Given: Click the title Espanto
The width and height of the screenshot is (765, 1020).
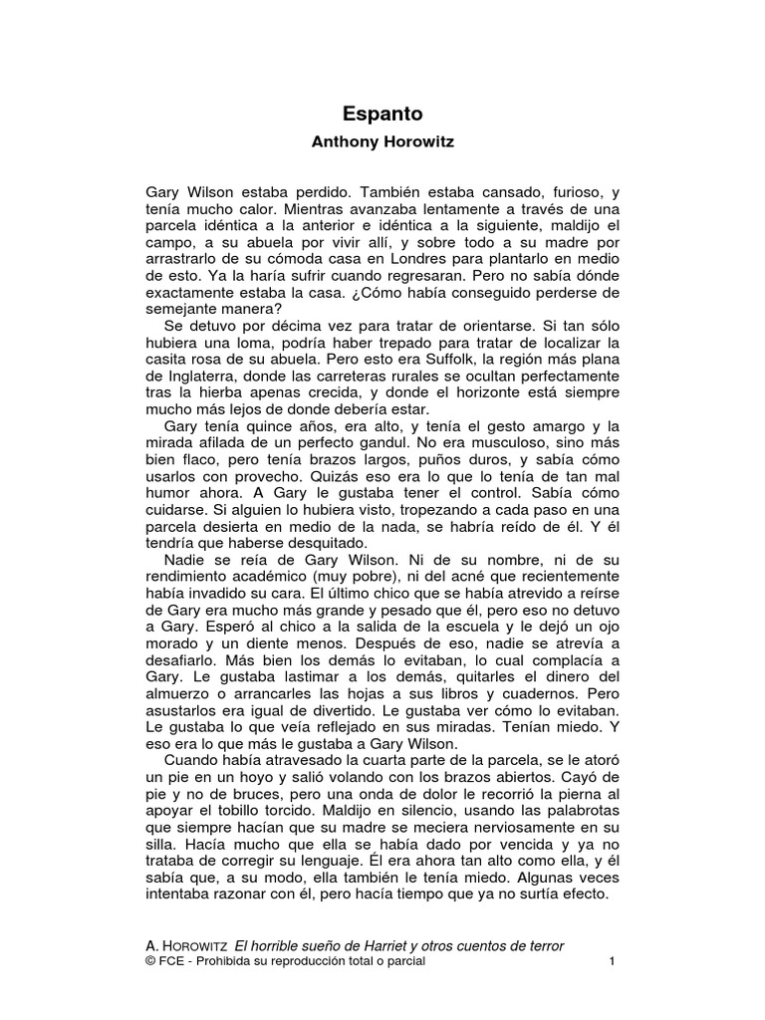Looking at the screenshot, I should point(382,115).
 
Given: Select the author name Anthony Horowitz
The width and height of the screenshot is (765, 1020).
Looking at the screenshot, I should point(382,142).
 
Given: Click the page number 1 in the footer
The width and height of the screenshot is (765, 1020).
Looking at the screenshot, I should point(613,962).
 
